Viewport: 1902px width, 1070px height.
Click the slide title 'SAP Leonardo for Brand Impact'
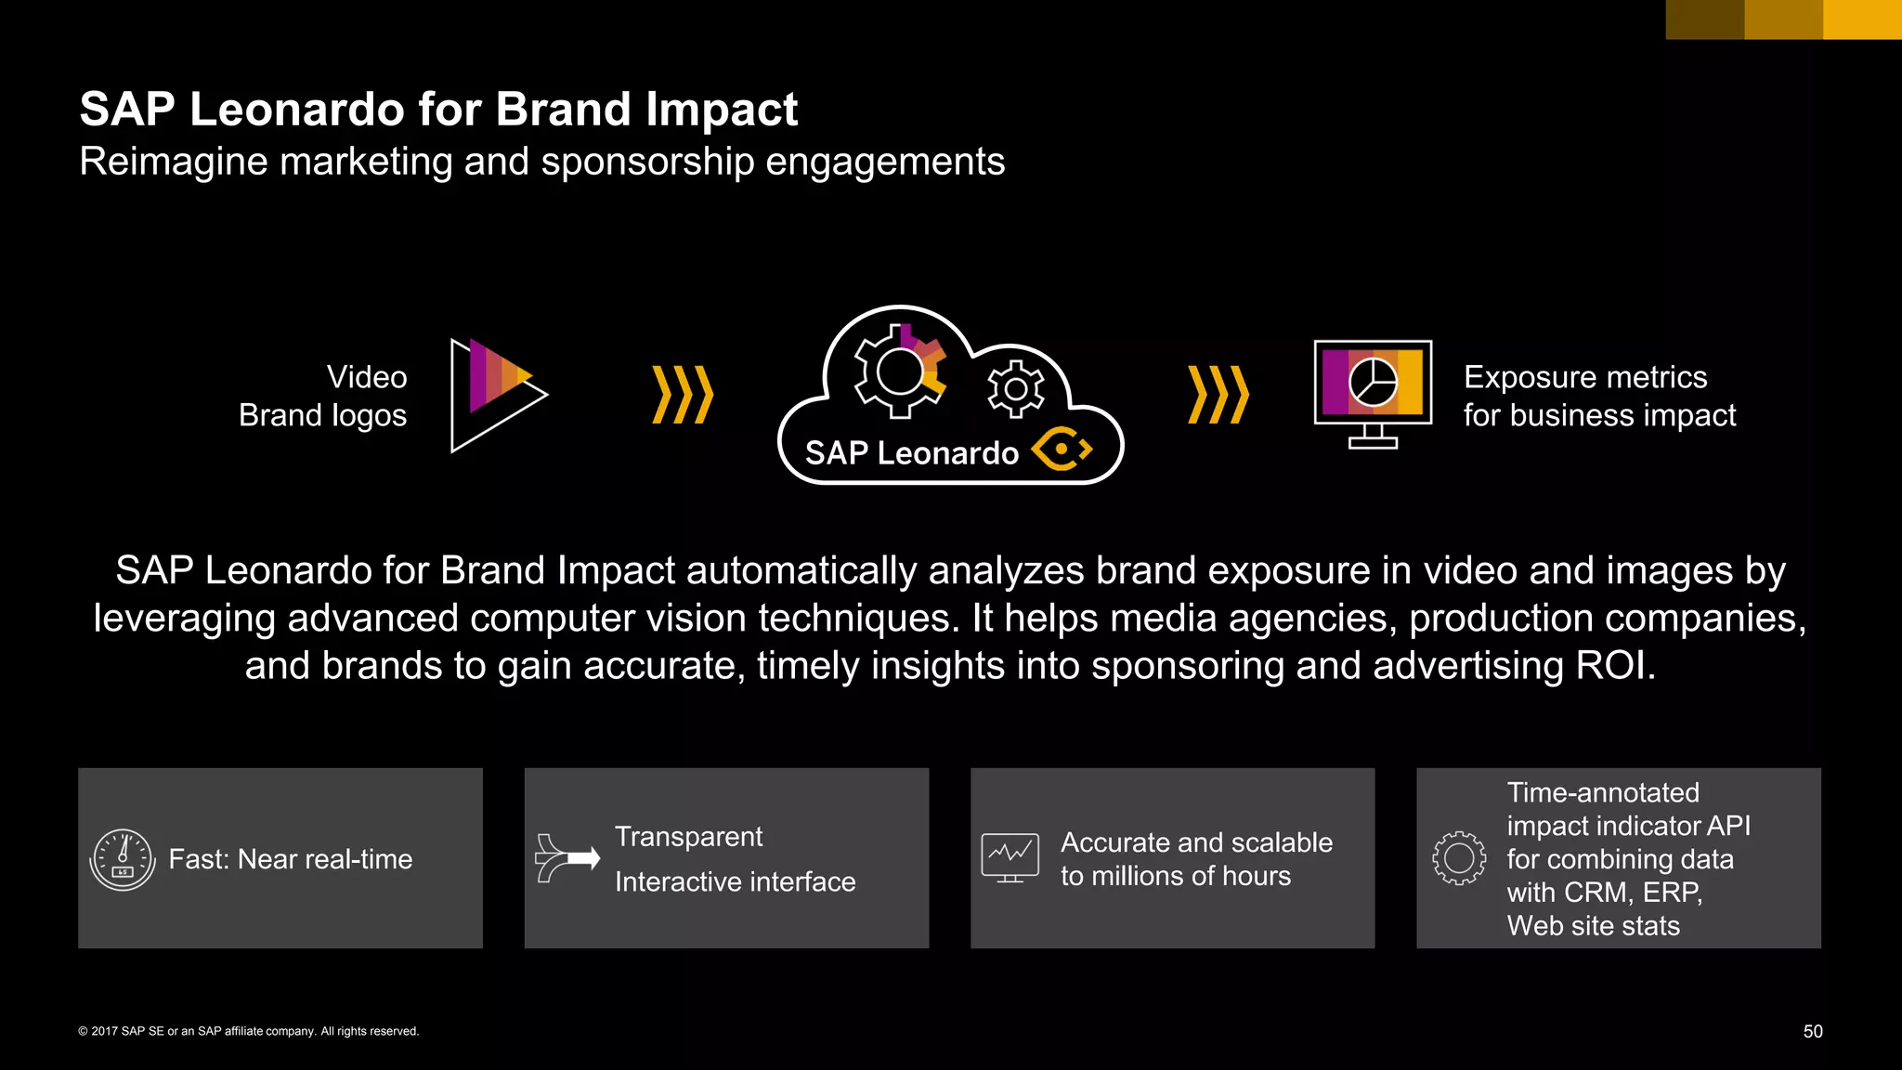[x=438, y=110]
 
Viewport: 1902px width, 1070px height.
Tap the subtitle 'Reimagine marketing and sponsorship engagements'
[x=541, y=162]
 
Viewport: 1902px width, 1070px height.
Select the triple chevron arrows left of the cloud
[x=683, y=395]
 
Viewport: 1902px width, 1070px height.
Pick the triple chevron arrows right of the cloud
[x=1218, y=395]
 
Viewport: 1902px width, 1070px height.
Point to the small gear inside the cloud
[x=1015, y=388]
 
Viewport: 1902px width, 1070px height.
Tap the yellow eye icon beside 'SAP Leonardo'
[x=1062, y=450]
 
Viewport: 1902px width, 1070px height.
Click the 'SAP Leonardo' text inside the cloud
[x=911, y=453]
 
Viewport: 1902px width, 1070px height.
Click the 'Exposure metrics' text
[x=1585, y=377]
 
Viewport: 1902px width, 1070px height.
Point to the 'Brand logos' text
[x=322, y=415]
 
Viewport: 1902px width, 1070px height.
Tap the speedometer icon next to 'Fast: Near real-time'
[x=123, y=859]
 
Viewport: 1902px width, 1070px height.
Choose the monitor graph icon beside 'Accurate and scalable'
[x=1010, y=857]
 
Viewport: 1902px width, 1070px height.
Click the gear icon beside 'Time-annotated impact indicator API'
[x=1459, y=857]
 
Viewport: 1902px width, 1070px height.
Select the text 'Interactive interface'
[x=735, y=881]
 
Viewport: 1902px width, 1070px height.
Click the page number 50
[x=1813, y=1031]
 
